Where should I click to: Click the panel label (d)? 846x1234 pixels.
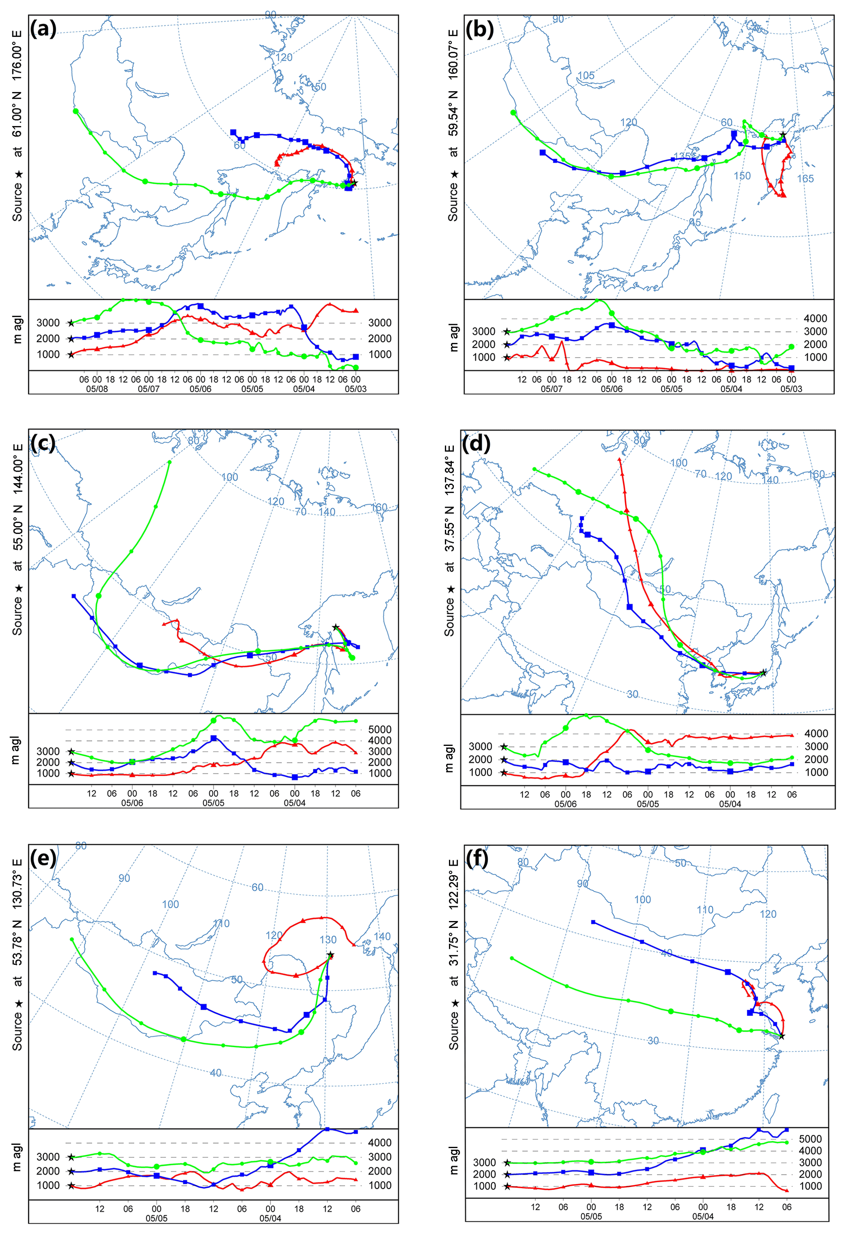476,443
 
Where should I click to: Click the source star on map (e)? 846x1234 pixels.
330,955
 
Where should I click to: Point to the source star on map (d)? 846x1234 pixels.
764,673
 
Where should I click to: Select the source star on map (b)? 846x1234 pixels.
783,135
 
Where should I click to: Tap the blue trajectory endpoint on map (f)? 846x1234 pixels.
593,922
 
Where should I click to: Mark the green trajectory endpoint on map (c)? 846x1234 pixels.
169,462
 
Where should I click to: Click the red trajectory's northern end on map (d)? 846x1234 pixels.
620,458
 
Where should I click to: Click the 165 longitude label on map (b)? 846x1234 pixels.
805,179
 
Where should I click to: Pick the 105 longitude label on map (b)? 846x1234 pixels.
586,76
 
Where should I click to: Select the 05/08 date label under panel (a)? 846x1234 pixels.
97,389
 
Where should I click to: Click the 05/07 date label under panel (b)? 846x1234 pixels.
551,389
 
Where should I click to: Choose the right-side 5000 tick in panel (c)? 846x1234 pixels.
380,730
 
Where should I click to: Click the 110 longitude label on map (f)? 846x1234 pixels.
705,910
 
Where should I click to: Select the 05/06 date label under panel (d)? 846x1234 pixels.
566,804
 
